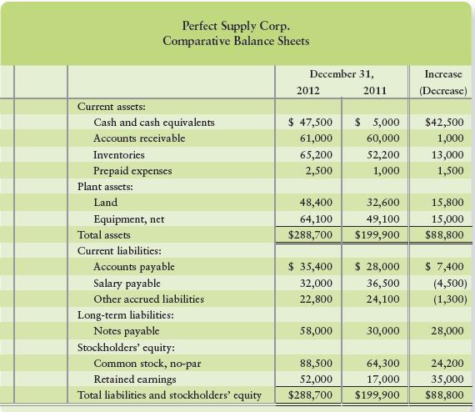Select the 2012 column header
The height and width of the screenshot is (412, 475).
(x=310, y=89)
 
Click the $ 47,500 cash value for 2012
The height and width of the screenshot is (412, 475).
(x=310, y=122)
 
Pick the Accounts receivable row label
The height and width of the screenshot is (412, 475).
(x=139, y=138)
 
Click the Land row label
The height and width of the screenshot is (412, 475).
(x=106, y=203)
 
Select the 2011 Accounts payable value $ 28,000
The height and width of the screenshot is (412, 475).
(x=377, y=267)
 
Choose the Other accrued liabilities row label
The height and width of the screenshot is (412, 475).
(x=149, y=299)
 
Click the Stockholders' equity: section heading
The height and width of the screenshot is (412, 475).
(x=127, y=348)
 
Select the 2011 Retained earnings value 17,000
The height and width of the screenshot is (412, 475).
(x=382, y=379)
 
